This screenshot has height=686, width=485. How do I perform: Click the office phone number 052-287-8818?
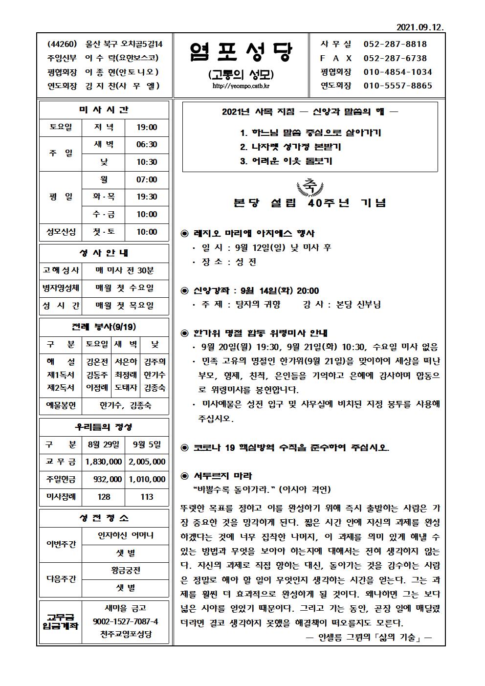(x=396, y=44)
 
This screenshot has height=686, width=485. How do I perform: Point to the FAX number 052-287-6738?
(x=396, y=58)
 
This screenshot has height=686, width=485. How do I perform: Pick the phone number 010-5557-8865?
(x=397, y=86)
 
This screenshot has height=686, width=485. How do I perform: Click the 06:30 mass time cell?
(x=147, y=145)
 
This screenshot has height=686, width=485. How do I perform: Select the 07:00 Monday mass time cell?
(x=147, y=180)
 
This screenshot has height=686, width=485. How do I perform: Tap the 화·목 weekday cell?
(x=104, y=197)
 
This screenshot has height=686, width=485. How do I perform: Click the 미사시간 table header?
(x=104, y=110)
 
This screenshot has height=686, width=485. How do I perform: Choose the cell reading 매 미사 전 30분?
(x=125, y=270)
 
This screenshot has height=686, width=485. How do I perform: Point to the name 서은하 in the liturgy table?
(x=126, y=362)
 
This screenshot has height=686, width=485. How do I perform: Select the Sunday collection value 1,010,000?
(x=147, y=479)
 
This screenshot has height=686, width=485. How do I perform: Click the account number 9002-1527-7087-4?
(x=125, y=621)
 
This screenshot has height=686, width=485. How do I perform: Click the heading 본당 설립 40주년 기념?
(x=310, y=203)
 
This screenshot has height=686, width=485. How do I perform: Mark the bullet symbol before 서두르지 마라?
(x=184, y=476)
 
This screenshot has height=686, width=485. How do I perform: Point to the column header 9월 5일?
(x=147, y=444)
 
